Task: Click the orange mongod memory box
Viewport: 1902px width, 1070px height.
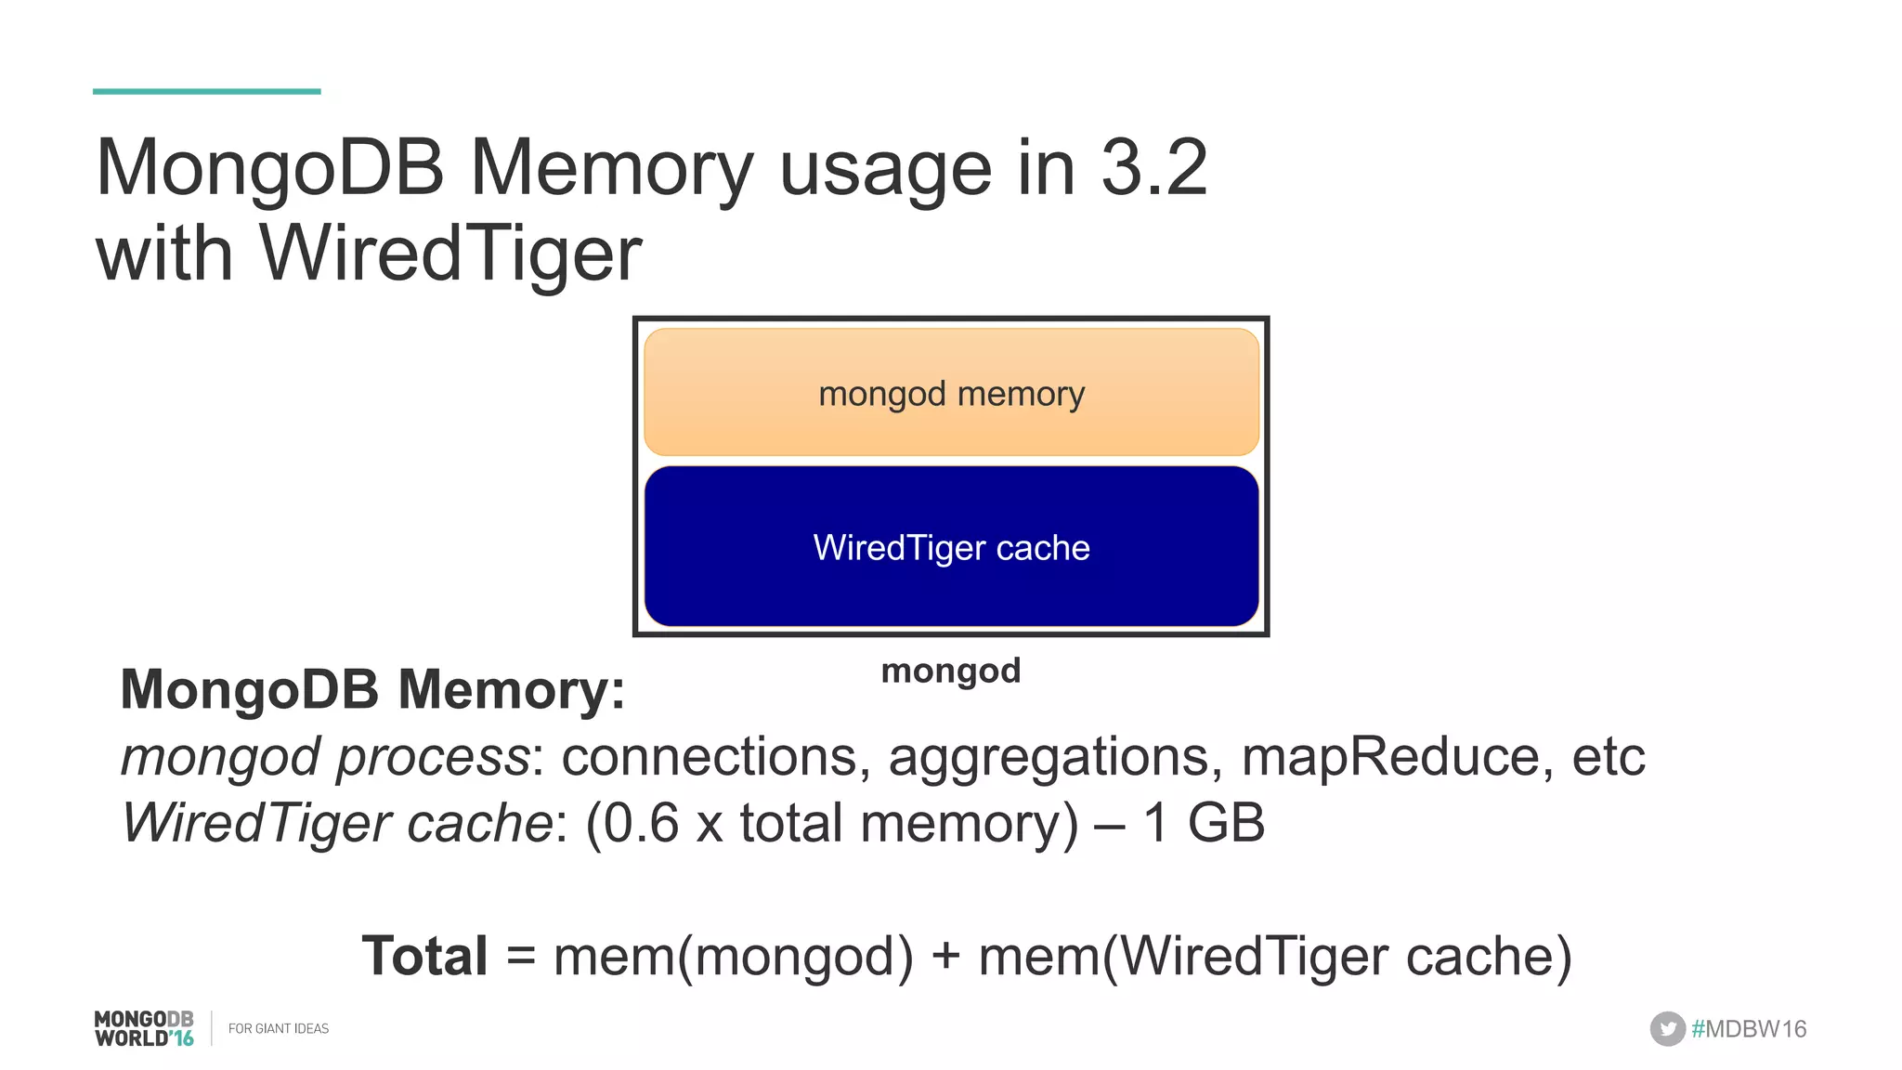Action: [x=951, y=393]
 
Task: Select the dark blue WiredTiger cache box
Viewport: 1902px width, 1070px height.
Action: [x=951, y=547]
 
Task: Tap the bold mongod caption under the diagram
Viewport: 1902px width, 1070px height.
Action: [x=950, y=670]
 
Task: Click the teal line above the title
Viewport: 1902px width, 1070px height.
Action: [x=206, y=91]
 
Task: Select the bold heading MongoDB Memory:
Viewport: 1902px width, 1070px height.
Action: [x=372, y=690]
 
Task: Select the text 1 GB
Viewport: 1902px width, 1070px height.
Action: [x=1204, y=823]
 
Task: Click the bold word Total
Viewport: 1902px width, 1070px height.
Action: [x=424, y=956]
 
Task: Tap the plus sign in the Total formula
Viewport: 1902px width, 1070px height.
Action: [x=945, y=956]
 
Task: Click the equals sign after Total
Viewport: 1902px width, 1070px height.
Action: [x=521, y=956]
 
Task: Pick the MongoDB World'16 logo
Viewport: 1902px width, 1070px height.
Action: [x=144, y=1028]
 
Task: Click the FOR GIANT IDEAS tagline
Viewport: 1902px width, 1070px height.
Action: [x=279, y=1028]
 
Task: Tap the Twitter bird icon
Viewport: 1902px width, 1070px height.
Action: [x=1667, y=1028]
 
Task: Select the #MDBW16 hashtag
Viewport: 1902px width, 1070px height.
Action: [x=1749, y=1028]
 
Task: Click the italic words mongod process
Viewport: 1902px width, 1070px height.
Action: [x=325, y=757]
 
